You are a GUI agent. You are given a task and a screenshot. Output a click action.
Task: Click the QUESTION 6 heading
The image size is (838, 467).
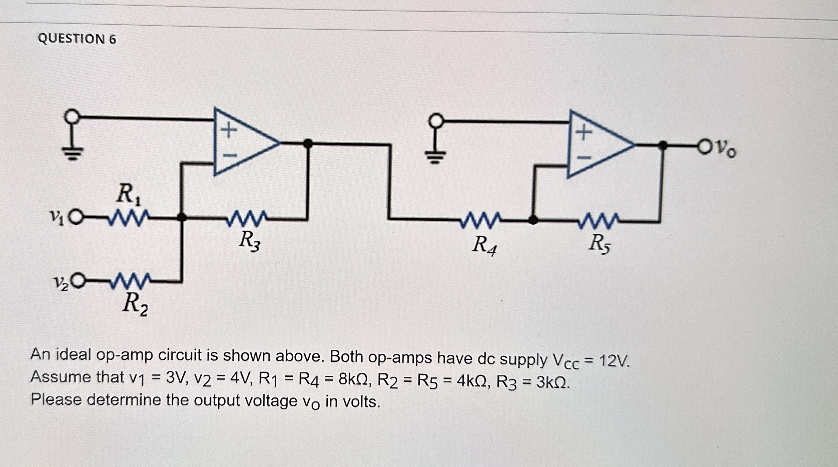(77, 39)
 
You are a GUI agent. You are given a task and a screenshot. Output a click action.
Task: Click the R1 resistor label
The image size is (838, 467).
(129, 195)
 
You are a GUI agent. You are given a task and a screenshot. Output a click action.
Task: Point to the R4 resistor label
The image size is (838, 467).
(484, 245)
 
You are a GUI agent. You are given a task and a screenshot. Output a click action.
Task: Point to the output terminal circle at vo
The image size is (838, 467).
(704, 146)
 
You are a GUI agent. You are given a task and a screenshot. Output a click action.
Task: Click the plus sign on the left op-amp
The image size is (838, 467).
(229, 131)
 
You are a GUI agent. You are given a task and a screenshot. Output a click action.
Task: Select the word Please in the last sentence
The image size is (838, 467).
(56, 399)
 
